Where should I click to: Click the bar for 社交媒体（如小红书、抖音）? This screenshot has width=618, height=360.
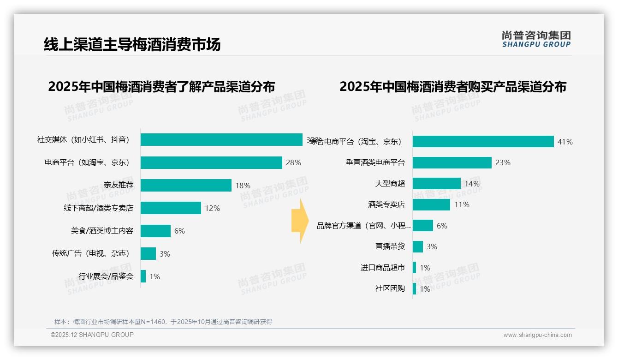coord(221,140)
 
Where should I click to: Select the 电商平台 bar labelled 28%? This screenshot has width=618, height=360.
coord(211,162)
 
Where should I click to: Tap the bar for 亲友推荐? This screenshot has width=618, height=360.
coord(186,185)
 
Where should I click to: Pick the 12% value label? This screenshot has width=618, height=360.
coord(212,208)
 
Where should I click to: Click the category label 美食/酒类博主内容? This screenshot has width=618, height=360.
coord(102,231)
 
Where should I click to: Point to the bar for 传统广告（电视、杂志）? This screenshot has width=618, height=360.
coord(148,253)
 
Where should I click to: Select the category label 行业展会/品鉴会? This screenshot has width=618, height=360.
coord(106,276)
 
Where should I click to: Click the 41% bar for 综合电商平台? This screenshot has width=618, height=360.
coord(483,142)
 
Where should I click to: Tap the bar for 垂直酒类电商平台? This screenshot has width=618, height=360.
coord(452,162)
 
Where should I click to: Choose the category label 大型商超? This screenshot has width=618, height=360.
coord(390,184)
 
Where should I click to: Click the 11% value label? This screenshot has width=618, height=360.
coord(462,204)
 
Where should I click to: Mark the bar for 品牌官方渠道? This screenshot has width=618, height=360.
coord(423,225)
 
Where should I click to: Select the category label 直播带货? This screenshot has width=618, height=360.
coord(390,246)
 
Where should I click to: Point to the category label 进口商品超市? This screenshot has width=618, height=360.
coord(382,268)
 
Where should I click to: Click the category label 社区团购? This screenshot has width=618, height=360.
coord(390,288)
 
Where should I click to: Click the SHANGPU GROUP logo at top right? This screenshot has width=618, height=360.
coord(536,39)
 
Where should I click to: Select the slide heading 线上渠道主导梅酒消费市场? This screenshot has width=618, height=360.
coord(132,44)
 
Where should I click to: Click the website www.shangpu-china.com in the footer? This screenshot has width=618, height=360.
coord(537,335)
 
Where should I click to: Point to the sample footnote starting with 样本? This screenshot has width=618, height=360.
coord(163,322)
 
